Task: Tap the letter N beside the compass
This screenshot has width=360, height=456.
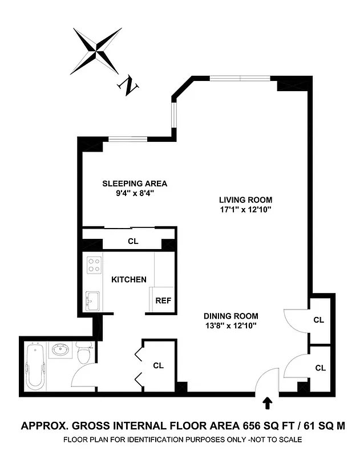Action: [129, 85]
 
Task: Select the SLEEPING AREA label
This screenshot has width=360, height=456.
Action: [135, 184]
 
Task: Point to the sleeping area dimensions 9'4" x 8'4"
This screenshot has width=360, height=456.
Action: [135, 194]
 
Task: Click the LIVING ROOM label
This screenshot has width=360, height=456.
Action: [246, 200]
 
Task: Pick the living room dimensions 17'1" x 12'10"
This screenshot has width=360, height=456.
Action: [246, 210]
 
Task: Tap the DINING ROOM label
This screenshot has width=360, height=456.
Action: [231, 316]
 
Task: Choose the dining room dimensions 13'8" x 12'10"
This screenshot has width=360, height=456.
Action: [231, 326]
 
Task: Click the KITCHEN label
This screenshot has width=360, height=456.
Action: [128, 280]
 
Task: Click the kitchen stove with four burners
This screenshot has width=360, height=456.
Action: [94, 264]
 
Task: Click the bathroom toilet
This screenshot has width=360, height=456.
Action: [84, 353]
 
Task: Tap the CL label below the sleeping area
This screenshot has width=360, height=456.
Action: [133, 241]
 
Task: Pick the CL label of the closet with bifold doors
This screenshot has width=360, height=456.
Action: [158, 365]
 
